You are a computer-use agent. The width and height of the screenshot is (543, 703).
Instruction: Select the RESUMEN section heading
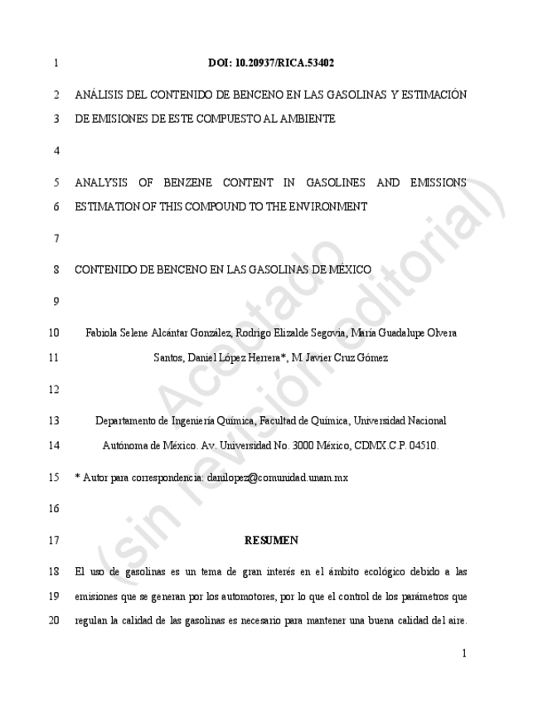point(271,541)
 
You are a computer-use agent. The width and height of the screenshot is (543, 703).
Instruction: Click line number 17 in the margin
point(54,541)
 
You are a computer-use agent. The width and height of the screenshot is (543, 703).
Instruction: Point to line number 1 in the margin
point(55,63)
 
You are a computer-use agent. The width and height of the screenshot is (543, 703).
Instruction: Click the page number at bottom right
point(463,653)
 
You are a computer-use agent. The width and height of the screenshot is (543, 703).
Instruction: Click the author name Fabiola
point(104,333)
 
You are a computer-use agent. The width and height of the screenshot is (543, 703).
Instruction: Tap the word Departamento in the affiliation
point(124,420)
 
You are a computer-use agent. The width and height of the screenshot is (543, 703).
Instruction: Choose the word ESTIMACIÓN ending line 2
point(431,95)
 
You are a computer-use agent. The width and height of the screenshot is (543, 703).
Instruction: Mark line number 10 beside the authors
point(54,333)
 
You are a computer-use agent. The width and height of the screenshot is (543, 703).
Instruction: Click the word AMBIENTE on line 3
point(307,119)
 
